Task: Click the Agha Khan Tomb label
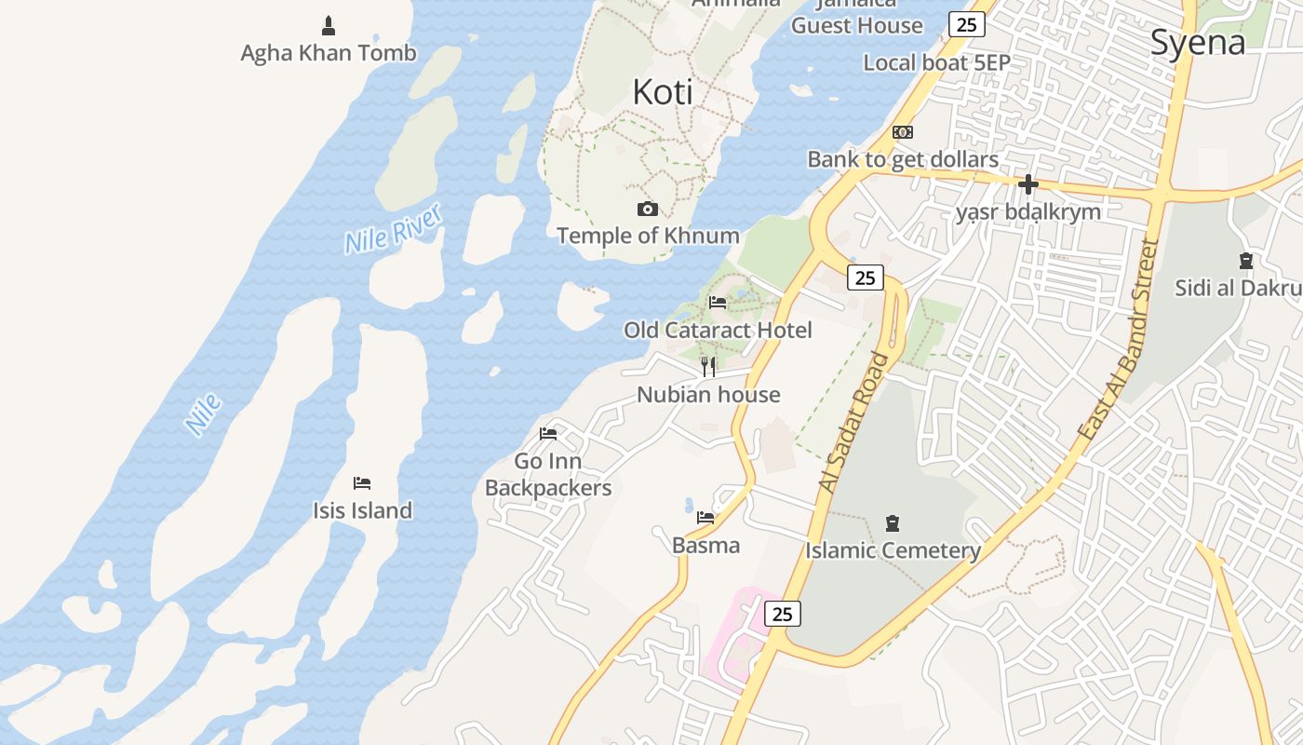tap(329, 53)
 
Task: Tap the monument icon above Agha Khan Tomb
tap(329, 25)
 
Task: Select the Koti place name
tap(663, 92)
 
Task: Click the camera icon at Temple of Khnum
tap(648, 209)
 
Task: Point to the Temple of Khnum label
tap(648, 236)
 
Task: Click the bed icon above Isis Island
tap(362, 483)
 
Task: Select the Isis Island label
tap(362, 510)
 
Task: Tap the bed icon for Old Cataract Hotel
tap(718, 303)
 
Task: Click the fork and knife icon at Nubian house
tap(708, 367)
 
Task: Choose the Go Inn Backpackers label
tap(548, 474)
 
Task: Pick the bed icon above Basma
tap(705, 518)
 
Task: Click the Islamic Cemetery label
tap(893, 550)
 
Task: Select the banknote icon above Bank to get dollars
tap(903, 132)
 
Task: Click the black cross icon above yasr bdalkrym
tap(1028, 184)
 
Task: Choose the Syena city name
tap(1198, 43)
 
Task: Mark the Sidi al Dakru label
tap(1239, 288)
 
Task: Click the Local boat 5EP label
tap(936, 63)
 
